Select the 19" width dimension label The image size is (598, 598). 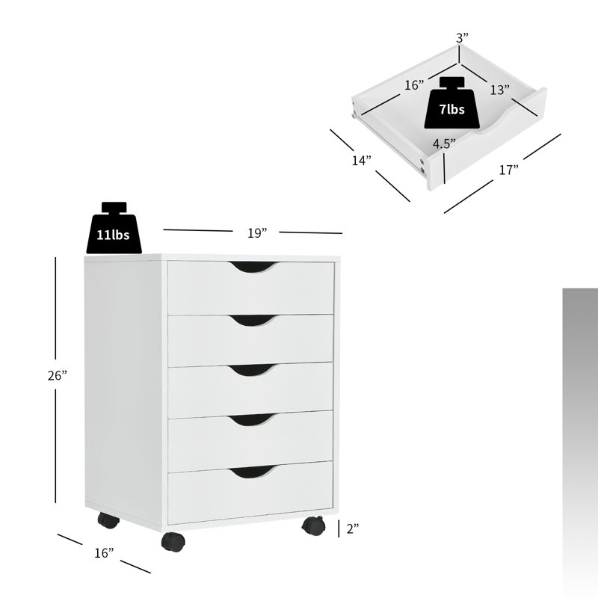[258, 233]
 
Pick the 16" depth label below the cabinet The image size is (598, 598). [104, 552]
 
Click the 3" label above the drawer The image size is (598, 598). [463, 37]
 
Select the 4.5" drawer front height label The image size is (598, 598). [444, 144]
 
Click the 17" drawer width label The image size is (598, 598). [508, 170]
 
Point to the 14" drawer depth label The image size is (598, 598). [362, 160]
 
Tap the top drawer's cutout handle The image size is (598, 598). [251, 268]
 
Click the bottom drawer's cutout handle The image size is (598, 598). [251, 472]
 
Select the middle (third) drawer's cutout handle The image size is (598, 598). [251, 370]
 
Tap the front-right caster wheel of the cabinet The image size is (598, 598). [313, 526]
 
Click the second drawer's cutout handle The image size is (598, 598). [251, 321]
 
